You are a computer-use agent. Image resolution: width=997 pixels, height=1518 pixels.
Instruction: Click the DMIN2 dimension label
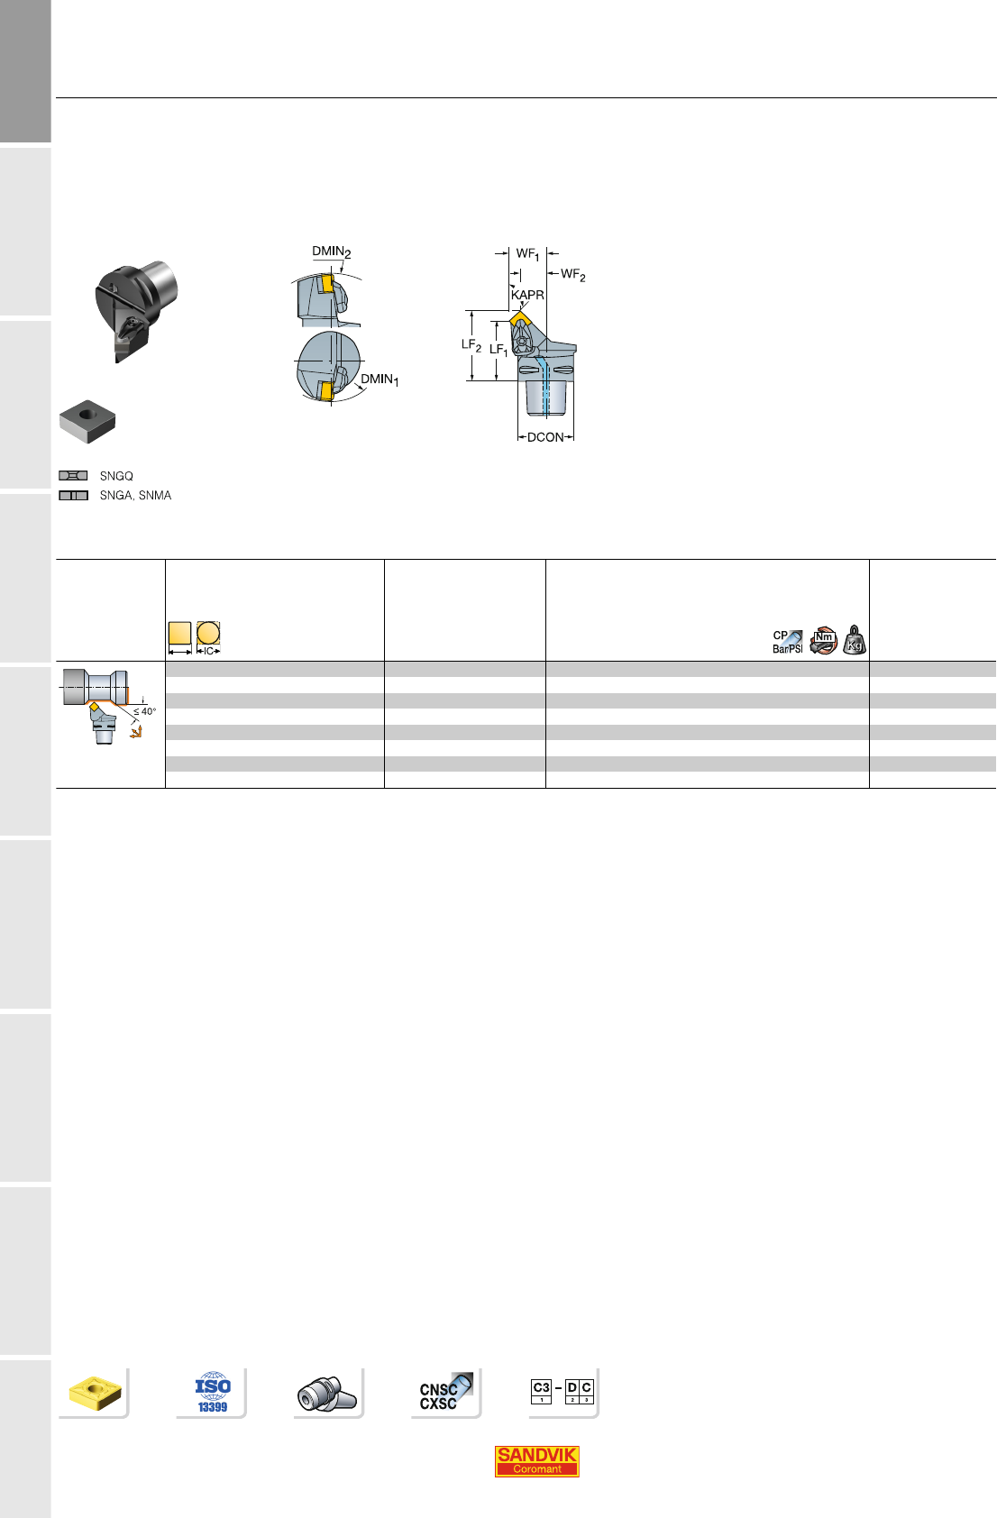click(332, 252)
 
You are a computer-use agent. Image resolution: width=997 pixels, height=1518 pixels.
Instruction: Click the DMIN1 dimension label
click(380, 379)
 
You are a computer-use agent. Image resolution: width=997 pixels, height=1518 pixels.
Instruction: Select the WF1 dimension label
click(528, 254)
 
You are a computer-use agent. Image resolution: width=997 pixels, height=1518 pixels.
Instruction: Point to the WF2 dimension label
click(573, 274)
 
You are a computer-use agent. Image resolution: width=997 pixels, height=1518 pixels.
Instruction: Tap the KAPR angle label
click(528, 295)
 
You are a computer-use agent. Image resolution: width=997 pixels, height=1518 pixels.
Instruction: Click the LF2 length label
click(471, 345)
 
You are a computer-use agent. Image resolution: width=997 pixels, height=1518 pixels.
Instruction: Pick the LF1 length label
click(498, 350)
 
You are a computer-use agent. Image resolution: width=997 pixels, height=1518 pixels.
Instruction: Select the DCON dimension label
click(545, 437)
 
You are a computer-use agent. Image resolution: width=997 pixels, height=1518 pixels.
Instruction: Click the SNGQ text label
click(116, 476)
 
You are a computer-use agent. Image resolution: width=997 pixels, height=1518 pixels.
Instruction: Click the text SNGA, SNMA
click(135, 496)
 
